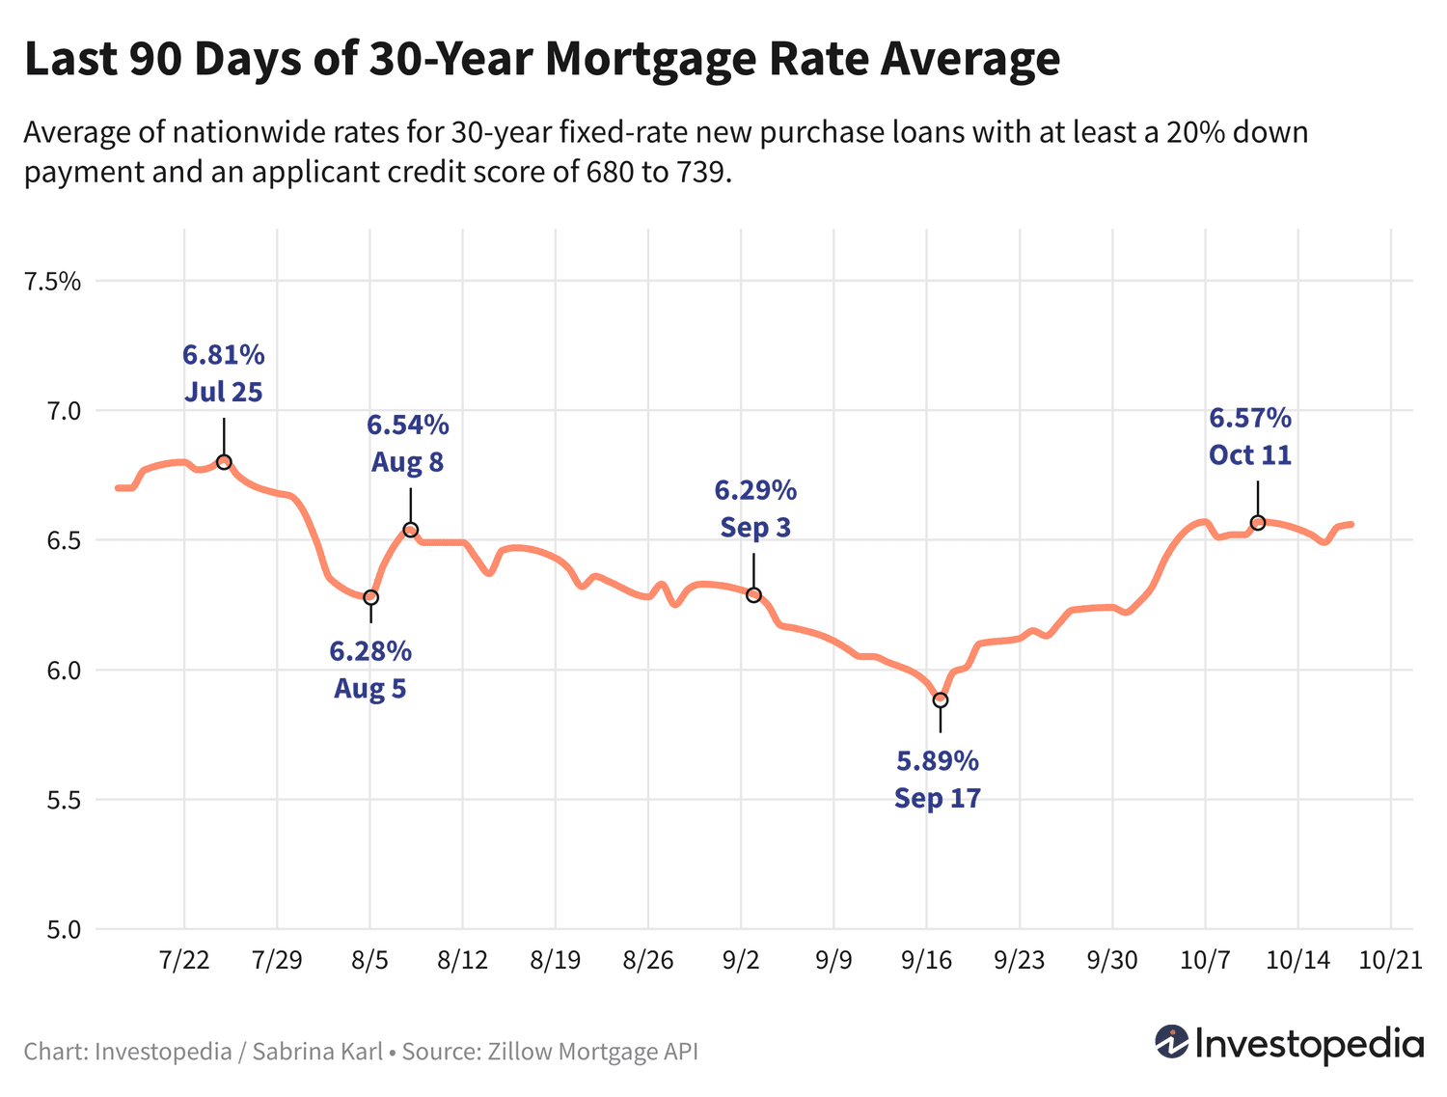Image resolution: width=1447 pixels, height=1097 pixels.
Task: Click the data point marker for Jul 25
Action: coord(224,462)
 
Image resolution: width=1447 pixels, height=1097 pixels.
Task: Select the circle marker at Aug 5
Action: coord(370,597)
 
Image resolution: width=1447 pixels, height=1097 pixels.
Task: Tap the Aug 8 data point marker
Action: coord(411,530)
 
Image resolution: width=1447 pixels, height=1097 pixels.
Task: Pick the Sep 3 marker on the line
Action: coord(753,595)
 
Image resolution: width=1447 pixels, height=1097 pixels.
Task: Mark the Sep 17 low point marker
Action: coord(941,699)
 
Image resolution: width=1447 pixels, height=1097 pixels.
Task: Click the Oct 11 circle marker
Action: coord(1258,523)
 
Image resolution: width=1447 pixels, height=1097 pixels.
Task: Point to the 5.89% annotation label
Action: coord(938,761)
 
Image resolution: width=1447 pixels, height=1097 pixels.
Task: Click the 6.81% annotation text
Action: coord(224,355)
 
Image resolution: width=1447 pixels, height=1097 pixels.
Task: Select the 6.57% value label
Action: coord(1250,418)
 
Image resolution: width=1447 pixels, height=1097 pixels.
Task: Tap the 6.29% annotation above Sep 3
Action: coord(755,490)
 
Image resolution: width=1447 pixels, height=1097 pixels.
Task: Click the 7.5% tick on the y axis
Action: coord(53,282)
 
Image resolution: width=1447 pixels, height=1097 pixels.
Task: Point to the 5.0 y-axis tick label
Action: coord(60,930)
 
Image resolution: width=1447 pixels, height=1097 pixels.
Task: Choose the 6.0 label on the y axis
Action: coord(60,671)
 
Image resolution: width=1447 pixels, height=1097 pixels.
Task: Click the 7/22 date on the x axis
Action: coord(184,960)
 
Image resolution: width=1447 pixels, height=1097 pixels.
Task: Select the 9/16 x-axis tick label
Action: coord(927,960)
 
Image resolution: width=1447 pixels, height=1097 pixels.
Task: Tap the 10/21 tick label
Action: coord(1390,960)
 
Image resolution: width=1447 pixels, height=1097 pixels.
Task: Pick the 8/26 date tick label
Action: coord(648,960)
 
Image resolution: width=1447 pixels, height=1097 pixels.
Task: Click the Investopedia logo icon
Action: coord(1172,1042)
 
